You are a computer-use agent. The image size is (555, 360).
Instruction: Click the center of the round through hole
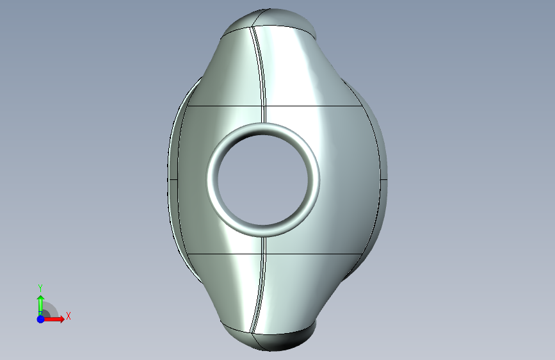[x=264, y=179]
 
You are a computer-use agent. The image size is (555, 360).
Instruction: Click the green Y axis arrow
[x=40, y=305]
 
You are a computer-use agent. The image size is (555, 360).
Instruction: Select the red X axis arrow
[x=53, y=319]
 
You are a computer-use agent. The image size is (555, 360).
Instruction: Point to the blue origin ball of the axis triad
[x=41, y=319]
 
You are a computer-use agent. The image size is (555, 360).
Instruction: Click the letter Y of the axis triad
[x=40, y=288]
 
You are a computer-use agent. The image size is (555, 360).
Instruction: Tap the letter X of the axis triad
[x=68, y=316]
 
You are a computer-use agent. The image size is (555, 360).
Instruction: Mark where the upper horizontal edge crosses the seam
[x=264, y=106]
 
